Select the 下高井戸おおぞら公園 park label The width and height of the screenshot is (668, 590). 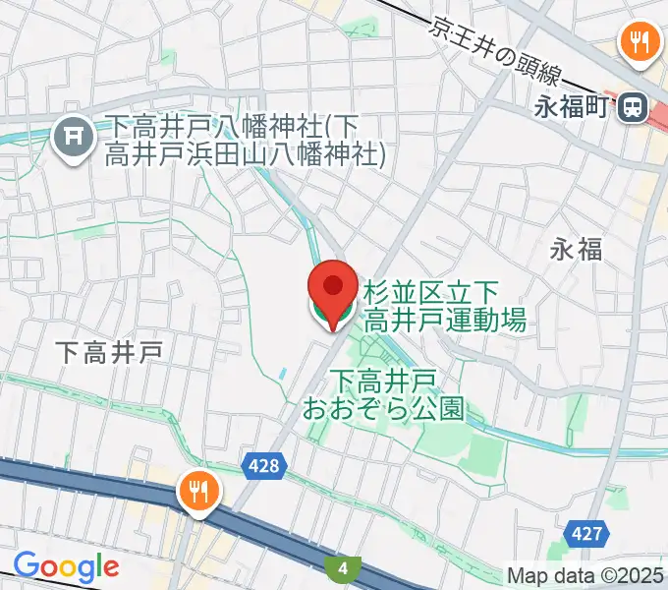tap(397, 393)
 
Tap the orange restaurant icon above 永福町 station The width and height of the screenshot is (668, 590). tap(640, 41)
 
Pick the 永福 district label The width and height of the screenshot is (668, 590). tap(576, 250)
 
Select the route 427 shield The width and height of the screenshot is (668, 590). tap(584, 533)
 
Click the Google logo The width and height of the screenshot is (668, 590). tap(66, 566)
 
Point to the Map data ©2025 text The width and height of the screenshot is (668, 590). tap(584, 575)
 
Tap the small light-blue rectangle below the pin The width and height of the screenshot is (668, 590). tap(283, 375)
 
